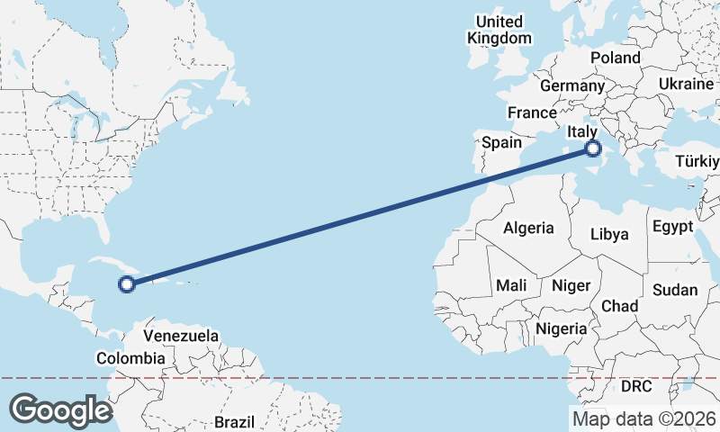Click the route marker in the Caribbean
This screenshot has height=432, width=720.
127,284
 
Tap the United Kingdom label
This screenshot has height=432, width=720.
499,30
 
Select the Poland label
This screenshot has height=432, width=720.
615,58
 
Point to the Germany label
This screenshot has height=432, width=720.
571,85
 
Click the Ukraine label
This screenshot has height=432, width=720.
686,83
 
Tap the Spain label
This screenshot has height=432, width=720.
501,142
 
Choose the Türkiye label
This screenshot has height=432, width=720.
697,162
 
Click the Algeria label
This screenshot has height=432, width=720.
528,229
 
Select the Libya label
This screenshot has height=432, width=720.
609,234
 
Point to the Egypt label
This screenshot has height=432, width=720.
673,225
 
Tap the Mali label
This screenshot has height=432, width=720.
511,285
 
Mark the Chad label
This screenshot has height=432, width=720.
619,306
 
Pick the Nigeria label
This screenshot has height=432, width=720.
561,329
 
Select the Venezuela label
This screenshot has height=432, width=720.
181,336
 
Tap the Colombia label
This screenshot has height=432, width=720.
130,358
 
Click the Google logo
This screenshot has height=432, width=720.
59,410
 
